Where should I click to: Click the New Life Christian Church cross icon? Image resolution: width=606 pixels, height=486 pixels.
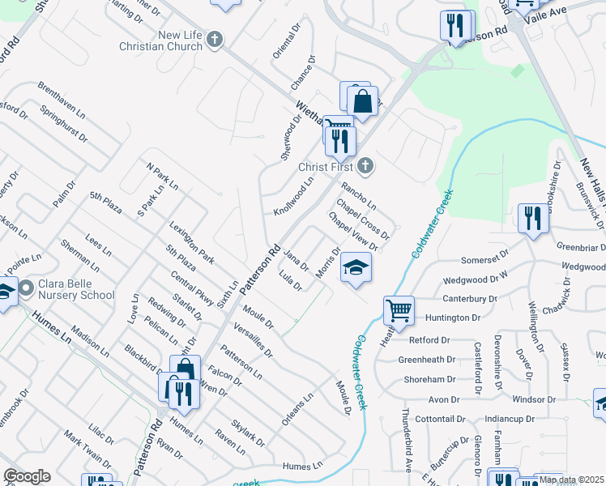point(215,38)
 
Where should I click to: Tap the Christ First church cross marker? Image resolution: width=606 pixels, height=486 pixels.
point(365,167)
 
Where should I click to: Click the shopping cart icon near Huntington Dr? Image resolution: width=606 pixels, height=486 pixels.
point(399,310)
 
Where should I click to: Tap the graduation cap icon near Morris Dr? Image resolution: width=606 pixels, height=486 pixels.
point(354,268)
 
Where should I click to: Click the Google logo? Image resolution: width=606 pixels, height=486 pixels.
point(27,476)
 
